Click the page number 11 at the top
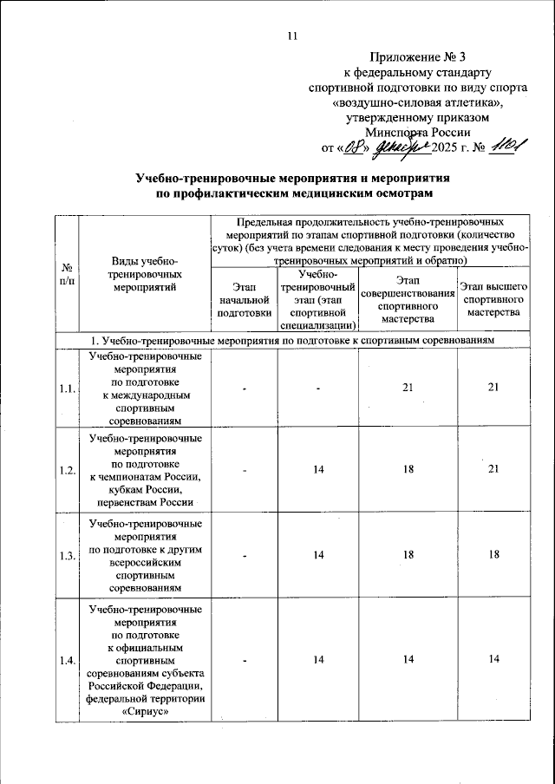pyautogui.click(x=291, y=36)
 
